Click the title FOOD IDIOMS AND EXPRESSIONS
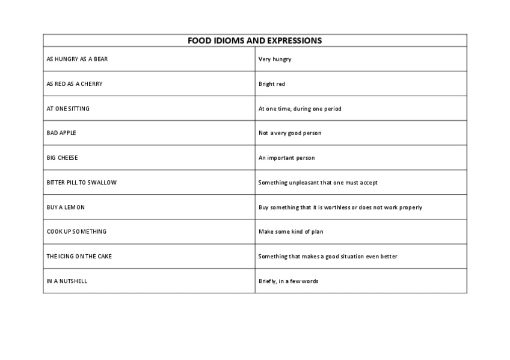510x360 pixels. [x=254, y=41]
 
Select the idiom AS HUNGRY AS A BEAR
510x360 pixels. [x=77, y=59]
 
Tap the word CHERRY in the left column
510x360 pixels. [x=90, y=84]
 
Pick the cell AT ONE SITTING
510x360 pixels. [x=68, y=109]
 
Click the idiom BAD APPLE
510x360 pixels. [x=61, y=133]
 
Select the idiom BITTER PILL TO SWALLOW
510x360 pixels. [x=82, y=182]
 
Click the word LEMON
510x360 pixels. [x=75, y=207]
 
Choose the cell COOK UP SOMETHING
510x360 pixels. [x=76, y=231]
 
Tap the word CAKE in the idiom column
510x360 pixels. [x=104, y=256]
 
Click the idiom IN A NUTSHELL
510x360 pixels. [x=67, y=281]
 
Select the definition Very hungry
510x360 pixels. [x=275, y=59]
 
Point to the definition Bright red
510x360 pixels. [x=272, y=84]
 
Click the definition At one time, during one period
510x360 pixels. [x=300, y=109]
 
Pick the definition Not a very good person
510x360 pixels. [x=290, y=133]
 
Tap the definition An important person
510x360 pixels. [x=287, y=157]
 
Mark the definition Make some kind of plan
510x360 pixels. [x=291, y=231]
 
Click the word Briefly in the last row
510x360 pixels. [x=267, y=281]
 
